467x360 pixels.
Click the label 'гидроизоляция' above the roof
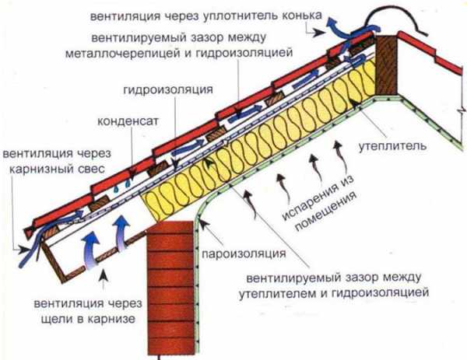(x=168, y=90)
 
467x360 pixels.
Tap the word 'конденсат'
(x=128, y=121)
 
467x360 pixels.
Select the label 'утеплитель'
(x=392, y=146)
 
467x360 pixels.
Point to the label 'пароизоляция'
(x=244, y=253)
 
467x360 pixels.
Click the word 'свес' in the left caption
(x=92, y=169)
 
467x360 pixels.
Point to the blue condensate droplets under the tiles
(x=122, y=186)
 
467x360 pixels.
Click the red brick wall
(x=170, y=288)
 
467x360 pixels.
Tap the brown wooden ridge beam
(x=386, y=65)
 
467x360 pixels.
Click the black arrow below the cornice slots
(x=104, y=278)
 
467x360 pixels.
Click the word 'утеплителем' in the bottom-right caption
(x=276, y=293)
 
